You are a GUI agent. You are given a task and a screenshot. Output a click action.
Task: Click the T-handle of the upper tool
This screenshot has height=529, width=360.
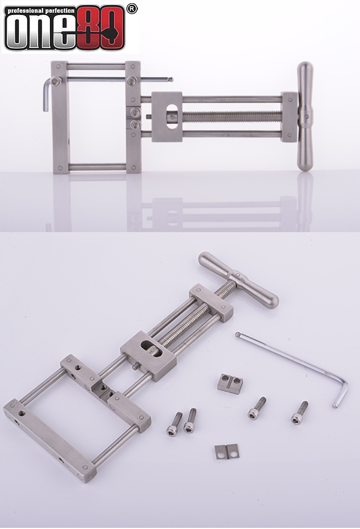305,116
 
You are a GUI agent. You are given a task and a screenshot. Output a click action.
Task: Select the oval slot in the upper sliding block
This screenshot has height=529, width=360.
173,116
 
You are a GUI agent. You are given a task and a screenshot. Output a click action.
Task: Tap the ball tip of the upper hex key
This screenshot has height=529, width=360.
171,80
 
